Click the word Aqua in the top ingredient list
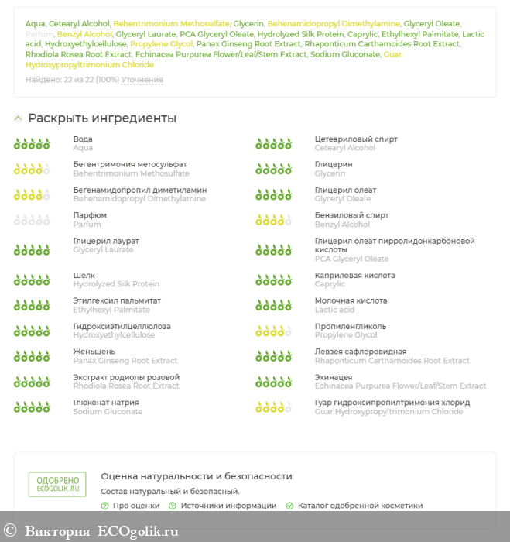coord(35,24)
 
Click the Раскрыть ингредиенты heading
coord(102,118)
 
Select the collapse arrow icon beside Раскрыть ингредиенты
coord(18,118)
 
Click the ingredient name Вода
coord(83,139)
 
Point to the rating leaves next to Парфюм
coord(32,220)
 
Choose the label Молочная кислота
coord(350,300)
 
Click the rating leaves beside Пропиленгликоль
coord(273,331)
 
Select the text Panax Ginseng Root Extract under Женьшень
coord(125,361)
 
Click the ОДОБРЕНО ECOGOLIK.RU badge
coord(57,484)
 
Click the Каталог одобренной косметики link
coord(360,506)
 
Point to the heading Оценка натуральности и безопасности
coord(197,476)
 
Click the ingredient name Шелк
coord(84,275)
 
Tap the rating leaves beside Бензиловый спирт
coord(273,220)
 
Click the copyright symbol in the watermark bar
coord(10,531)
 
